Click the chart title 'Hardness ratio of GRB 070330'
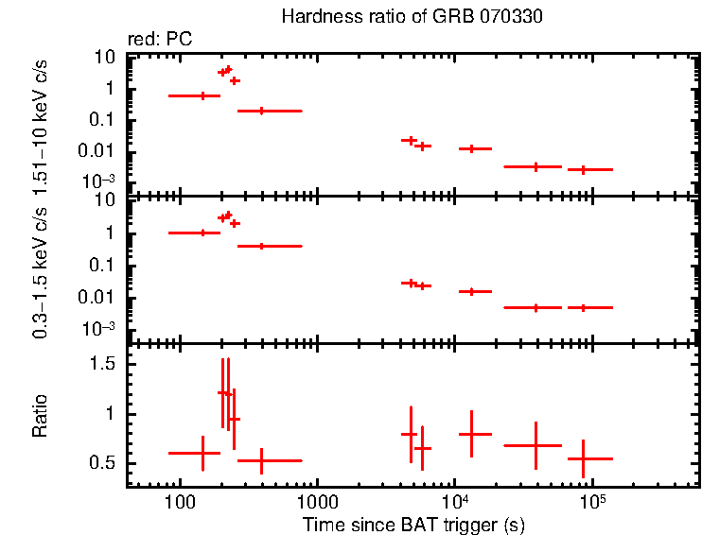click(x=412, y=17)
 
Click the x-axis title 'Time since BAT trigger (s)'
click(x=413, y=524)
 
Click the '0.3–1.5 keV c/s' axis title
click(x=41, y=271)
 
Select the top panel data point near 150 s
click(x=202, y=95)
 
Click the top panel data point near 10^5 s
click(x=584, y=169)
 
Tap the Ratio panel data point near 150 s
click(x=202, y=453)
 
